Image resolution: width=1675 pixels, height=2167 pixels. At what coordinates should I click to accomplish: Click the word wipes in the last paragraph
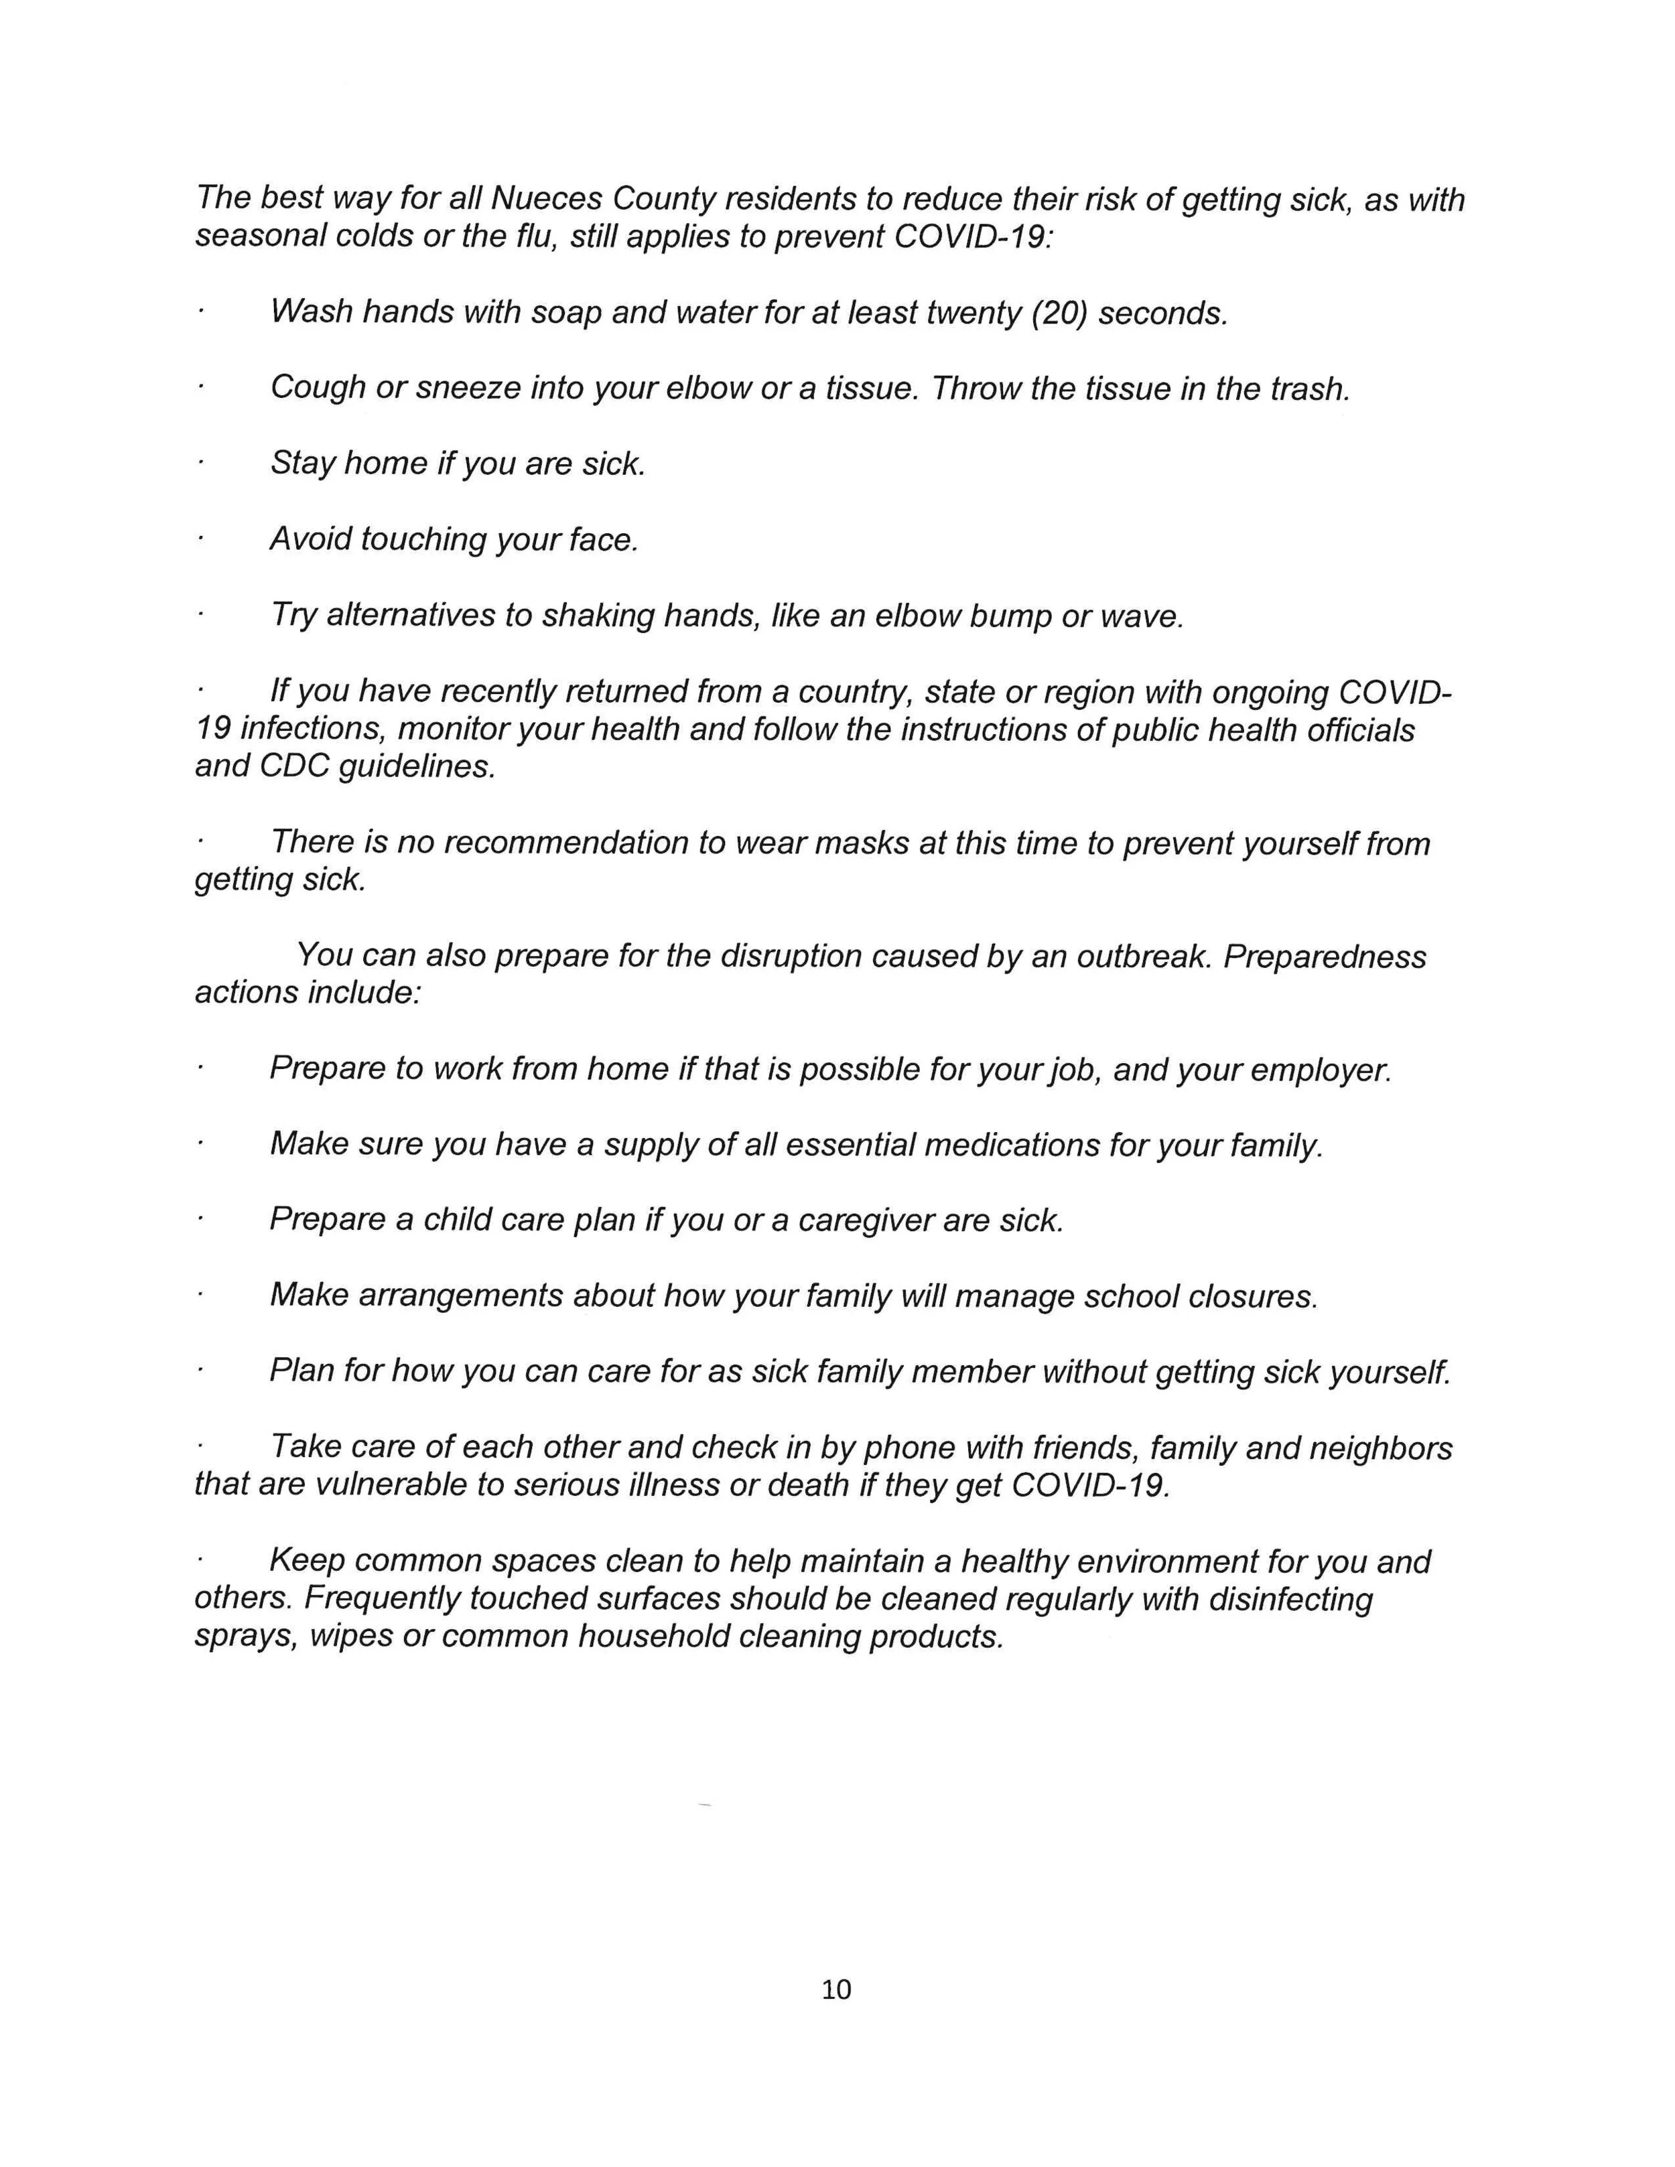[351, 1636]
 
